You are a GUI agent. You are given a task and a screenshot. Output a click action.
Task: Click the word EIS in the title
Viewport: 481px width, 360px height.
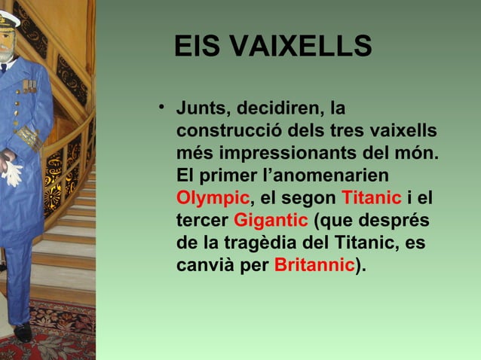point(198,47)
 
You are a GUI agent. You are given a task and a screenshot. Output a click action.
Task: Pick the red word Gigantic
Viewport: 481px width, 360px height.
point(271,221)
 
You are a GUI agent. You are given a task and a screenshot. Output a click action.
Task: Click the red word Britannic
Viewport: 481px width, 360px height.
point(314,266)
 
